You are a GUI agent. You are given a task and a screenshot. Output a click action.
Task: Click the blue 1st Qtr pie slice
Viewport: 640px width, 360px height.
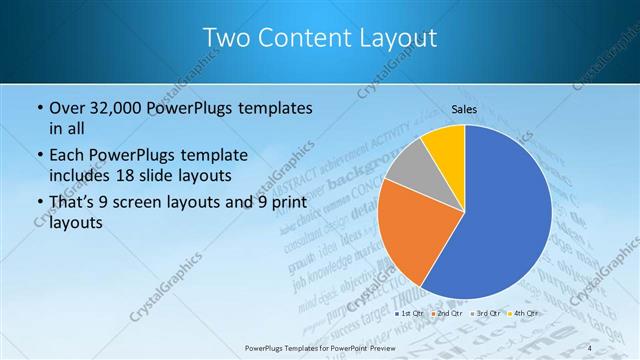click(500, 220)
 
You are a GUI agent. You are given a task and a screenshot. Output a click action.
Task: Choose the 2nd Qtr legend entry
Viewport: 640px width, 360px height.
click(448, 314)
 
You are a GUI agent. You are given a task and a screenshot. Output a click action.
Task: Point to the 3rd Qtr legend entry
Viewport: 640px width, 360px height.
click(485, 314)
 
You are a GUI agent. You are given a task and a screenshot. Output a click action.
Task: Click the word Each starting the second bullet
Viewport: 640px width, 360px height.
click(66, 155)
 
